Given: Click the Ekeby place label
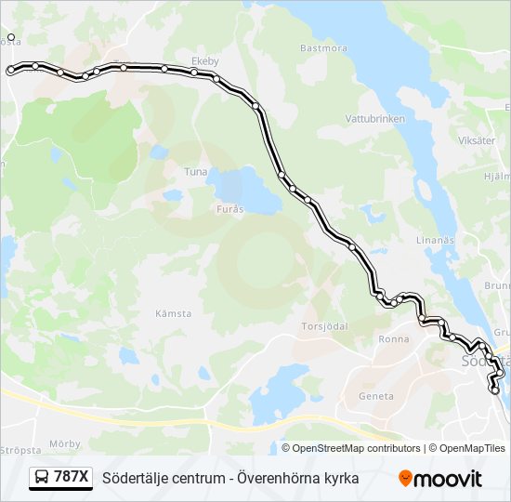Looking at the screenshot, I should point(204,61).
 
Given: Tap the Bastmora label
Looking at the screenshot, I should point(323,46).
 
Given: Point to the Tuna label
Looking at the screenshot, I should point(195,172).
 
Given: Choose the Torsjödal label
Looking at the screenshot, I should point(324,326).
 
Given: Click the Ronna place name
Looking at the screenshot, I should point(394,339).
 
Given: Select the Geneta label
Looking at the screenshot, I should point(376,396).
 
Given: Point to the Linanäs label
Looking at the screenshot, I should point(435,240).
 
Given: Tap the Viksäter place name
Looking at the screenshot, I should point(476,140).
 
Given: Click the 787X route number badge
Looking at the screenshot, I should point(72,478).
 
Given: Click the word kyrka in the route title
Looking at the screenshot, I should point(339,478).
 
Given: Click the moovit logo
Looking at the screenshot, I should point(440,479).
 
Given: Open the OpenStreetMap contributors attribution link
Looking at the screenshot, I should point(356,448).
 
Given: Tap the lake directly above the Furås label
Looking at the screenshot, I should point(243,187).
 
